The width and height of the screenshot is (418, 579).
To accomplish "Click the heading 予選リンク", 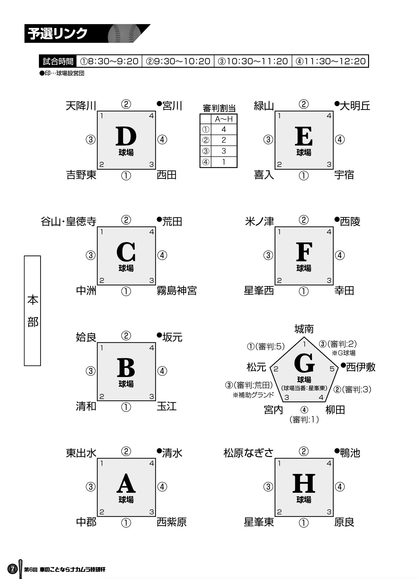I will (x=58, y=34).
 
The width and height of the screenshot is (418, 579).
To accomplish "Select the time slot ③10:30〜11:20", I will (x=253, y=61).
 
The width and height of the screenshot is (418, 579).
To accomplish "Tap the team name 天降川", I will (x=81, y=106).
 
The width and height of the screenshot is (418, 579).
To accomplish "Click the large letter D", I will (x=126, y=136).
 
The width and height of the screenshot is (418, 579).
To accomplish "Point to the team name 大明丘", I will (x=355, y=106).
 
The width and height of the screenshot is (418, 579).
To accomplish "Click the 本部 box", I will (x=33, y=311).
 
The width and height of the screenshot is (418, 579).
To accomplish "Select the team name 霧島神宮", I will (x=177, y=290).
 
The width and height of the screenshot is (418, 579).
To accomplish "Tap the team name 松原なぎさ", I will (x=249, y=453).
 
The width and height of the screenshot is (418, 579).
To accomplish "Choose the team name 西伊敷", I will (x=360, y=367).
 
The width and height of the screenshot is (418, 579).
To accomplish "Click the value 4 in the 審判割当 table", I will (x=224, y=129).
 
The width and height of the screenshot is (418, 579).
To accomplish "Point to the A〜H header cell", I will (x=224, y=119).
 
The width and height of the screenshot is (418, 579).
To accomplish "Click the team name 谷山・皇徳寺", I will (x=68, y=221).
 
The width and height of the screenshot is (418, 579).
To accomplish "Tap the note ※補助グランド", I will (x=253, y=395).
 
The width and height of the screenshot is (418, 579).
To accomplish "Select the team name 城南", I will (x=304, y=329).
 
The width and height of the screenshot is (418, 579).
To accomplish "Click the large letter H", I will (x=304, y=483).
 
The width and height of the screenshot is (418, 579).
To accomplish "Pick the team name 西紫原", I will (x=172, y=522).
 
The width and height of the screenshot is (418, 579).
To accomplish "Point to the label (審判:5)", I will (x=270, y=346).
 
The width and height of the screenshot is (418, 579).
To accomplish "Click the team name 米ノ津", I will (x=259, y=221).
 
